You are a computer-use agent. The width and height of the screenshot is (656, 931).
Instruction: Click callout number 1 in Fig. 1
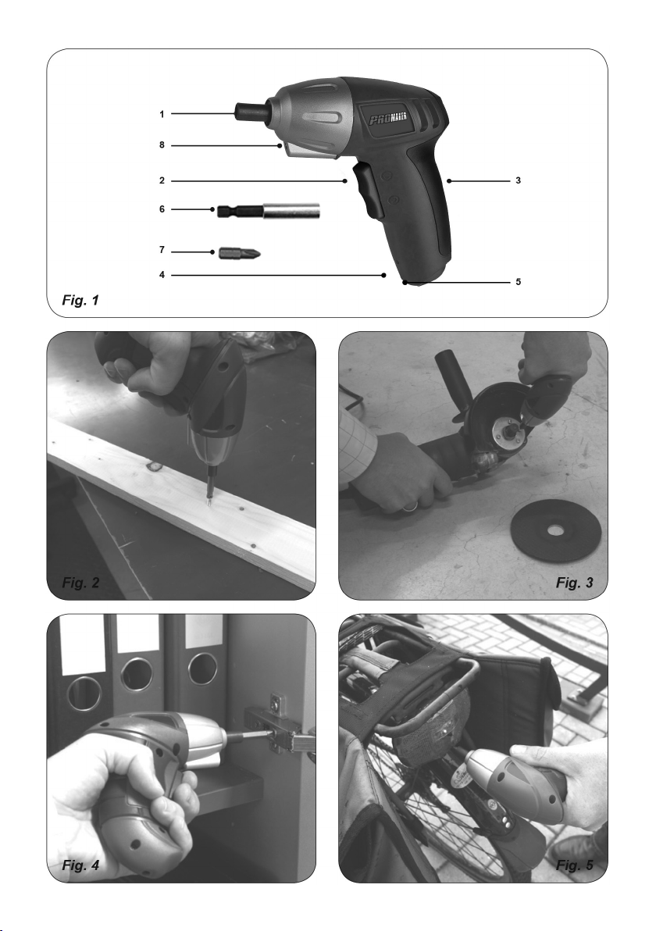coord(162,114)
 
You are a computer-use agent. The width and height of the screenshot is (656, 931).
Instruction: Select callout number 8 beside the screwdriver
coord(162,144)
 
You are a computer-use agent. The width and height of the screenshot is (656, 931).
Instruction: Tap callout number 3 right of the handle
coord(519,180)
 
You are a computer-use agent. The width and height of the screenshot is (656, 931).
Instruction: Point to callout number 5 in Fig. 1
coord(519,282)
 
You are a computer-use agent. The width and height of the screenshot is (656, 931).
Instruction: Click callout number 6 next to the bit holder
coord(162,209)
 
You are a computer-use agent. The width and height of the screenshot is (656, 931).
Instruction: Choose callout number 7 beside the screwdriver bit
coord(162,250)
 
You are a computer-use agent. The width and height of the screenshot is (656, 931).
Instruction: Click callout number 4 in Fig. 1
coord(162,275)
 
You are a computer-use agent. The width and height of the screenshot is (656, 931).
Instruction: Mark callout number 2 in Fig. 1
coord(162,180)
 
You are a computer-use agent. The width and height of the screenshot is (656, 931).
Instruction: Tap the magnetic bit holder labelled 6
coord(269,210)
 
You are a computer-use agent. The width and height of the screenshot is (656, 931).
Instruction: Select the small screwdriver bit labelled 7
coord(240,254)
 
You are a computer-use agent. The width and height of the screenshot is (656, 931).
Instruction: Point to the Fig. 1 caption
coord(80,301)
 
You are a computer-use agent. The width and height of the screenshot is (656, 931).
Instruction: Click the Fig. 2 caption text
coord(80,583)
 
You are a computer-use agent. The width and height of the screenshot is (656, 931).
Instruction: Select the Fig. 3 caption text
coord(574,583)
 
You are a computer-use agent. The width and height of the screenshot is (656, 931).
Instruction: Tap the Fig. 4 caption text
coord(80,865)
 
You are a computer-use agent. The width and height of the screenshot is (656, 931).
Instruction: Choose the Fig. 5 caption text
coord(574,865)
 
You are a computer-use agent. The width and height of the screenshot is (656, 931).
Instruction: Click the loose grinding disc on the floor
coord(556,529)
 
